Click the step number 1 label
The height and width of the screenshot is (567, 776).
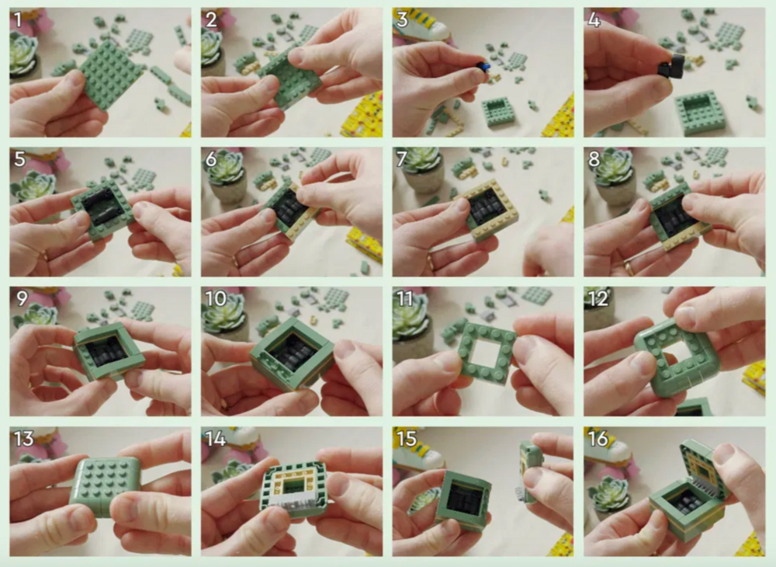[x=19, y=20]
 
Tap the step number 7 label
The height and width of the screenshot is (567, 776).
[x=401, y=159]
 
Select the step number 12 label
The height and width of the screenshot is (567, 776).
[x=598, y=298]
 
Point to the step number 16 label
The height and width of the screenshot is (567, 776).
[x=598, y=438]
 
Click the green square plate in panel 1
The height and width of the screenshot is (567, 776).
[x=110, y=75]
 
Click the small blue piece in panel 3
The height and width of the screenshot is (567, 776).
[x=486, y=67]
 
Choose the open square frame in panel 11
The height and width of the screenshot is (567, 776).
[x=487, y=352]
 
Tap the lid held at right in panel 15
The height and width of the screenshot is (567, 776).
[x=531, y=470]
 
